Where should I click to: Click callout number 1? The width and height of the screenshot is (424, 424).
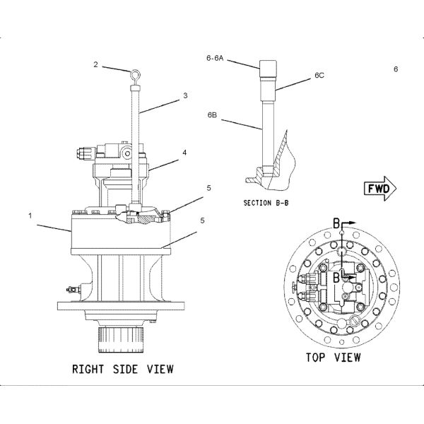30,215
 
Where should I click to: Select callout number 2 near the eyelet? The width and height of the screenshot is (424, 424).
95,64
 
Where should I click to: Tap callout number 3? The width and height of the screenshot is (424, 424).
185,95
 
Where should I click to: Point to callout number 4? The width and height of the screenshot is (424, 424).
184,152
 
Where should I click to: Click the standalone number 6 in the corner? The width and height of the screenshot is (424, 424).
396,69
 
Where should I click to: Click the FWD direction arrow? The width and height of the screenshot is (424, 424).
382,189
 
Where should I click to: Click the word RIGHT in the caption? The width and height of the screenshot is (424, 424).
88,369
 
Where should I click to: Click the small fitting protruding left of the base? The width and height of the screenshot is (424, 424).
70,288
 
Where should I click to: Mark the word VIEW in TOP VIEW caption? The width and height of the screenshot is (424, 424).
348,358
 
